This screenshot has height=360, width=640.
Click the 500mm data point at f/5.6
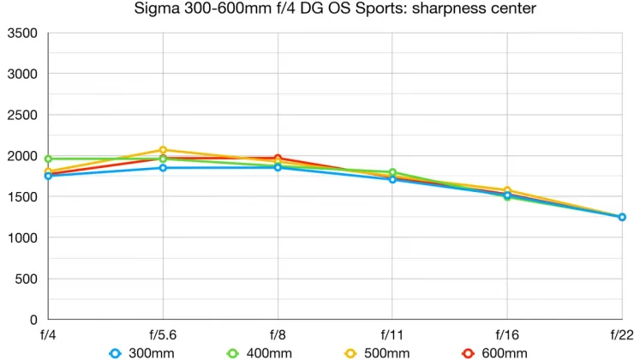pos(163,150)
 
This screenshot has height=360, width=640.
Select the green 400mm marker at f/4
pos(48,159)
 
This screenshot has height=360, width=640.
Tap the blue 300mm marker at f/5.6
pos(163,168)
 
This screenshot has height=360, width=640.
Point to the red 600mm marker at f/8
pos(278,159)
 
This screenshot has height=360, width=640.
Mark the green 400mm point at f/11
pos(392,172)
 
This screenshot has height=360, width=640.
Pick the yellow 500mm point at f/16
pos(507,190)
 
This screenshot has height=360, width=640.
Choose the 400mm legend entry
pos(258,353)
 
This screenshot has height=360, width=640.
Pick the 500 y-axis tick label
pos(26,279)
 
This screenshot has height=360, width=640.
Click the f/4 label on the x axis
pos(48,334)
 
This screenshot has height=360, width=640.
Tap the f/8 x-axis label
pos(278,334)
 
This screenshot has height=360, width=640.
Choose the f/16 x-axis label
pos(507,334)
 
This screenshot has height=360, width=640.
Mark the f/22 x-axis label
pos(622,334)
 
